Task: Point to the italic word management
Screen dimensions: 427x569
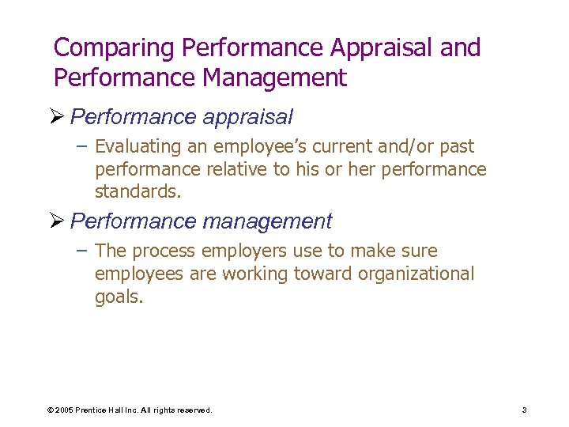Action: point(267,221)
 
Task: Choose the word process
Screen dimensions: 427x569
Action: point(163,251)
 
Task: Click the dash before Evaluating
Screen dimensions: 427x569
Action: point(82,147)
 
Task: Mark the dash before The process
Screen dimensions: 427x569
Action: point(82,251)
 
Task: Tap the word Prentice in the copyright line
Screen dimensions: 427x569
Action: point(94,410)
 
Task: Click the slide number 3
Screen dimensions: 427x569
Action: point(524,410)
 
